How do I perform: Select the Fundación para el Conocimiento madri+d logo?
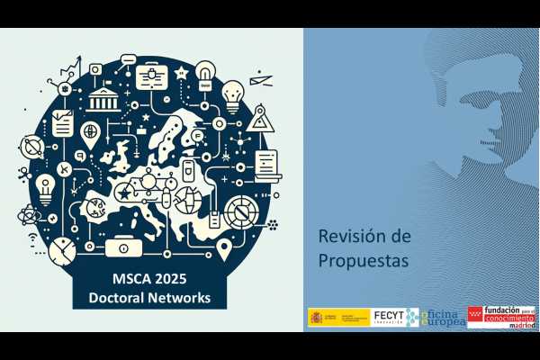[504, 317]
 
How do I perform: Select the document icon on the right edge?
[268, 163]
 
